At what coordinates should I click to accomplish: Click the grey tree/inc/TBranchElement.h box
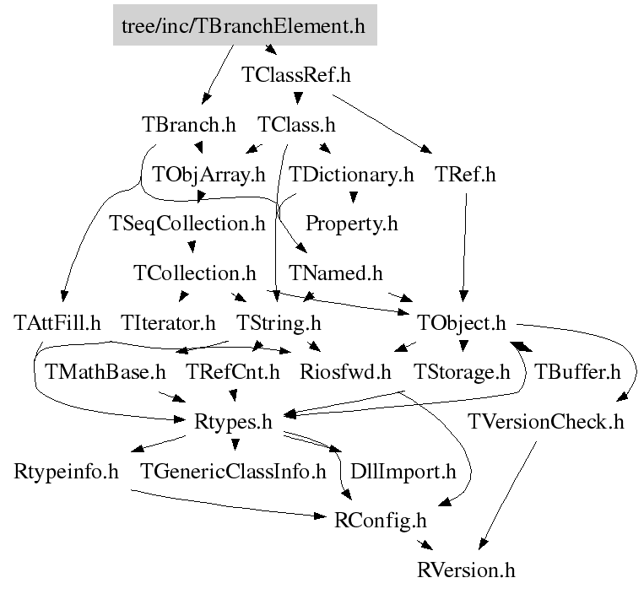(x=243, y=26)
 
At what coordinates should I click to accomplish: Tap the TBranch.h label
(x=189, y=125)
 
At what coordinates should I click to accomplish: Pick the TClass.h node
(x=296, y=125)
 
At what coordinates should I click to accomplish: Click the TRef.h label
(x=465, y=175)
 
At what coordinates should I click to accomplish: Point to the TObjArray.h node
(x=208, y=175)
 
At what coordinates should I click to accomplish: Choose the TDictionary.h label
(x=352, y=175)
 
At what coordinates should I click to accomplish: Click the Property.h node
(x=351, y=224)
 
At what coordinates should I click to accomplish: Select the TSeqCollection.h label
(x=188, y=224)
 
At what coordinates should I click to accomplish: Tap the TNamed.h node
(x=336, y=273)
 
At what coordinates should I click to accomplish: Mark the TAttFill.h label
(x=58, y=322)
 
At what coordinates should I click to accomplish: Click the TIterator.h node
(x=169, y=322)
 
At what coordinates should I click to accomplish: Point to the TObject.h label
(x=462, y=322)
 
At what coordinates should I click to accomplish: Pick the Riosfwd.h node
(x=346, y=371)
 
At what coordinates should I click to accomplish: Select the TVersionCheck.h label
(x=546, y=421)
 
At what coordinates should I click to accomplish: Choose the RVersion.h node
(x=465, y=570)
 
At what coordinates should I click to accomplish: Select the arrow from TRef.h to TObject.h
(x=463, y=245)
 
